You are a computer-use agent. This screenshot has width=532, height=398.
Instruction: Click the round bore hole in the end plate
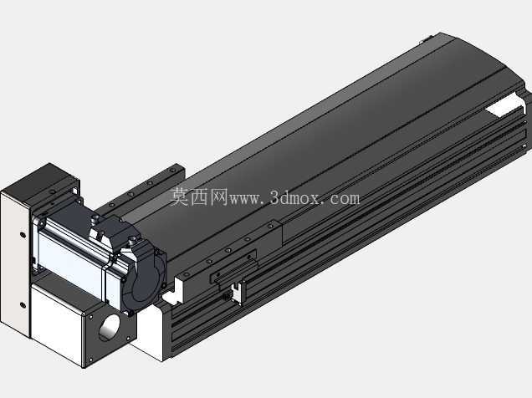pos(110,328)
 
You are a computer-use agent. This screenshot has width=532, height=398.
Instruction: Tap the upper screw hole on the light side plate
pos(23,234)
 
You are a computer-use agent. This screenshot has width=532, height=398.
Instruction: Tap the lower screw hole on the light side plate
pos(23,305)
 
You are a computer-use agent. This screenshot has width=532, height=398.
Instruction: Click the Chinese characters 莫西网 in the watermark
pos(199,196)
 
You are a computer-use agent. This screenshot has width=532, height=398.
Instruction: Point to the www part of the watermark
pos(246,199)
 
